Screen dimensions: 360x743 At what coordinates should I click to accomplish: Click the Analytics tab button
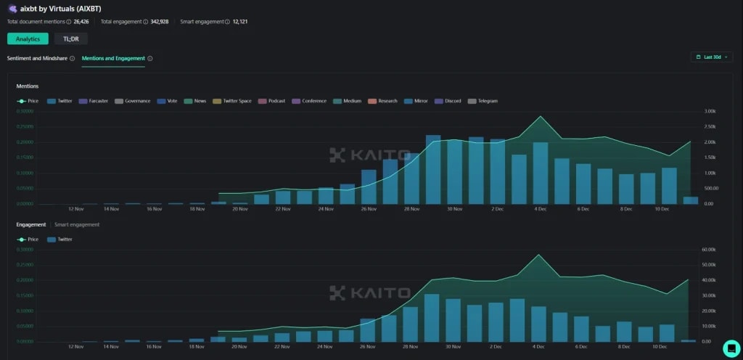(x=28, y=38)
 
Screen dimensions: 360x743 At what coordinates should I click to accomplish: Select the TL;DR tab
(x=71, y=38)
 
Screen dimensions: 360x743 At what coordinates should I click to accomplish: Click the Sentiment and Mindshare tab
(x=37, y=58)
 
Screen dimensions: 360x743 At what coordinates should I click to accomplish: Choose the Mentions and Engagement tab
(x=113, y=58)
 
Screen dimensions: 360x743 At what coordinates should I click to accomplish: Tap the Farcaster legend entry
(x=94, y=101)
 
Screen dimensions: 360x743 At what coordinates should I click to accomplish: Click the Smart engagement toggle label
(x=77, y=224)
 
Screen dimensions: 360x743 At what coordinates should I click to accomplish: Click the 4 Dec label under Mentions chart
(x=540, y=209)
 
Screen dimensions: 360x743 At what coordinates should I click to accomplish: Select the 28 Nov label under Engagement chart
(x=411, y=347)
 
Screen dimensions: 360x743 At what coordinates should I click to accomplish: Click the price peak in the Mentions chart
(x=539, y=116)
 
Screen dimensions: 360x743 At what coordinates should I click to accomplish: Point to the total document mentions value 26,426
(x=82, y=22)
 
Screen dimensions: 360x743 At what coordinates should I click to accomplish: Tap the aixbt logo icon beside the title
(x=12, y=9)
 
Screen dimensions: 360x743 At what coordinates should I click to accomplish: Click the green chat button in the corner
(x=731, y=347)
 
